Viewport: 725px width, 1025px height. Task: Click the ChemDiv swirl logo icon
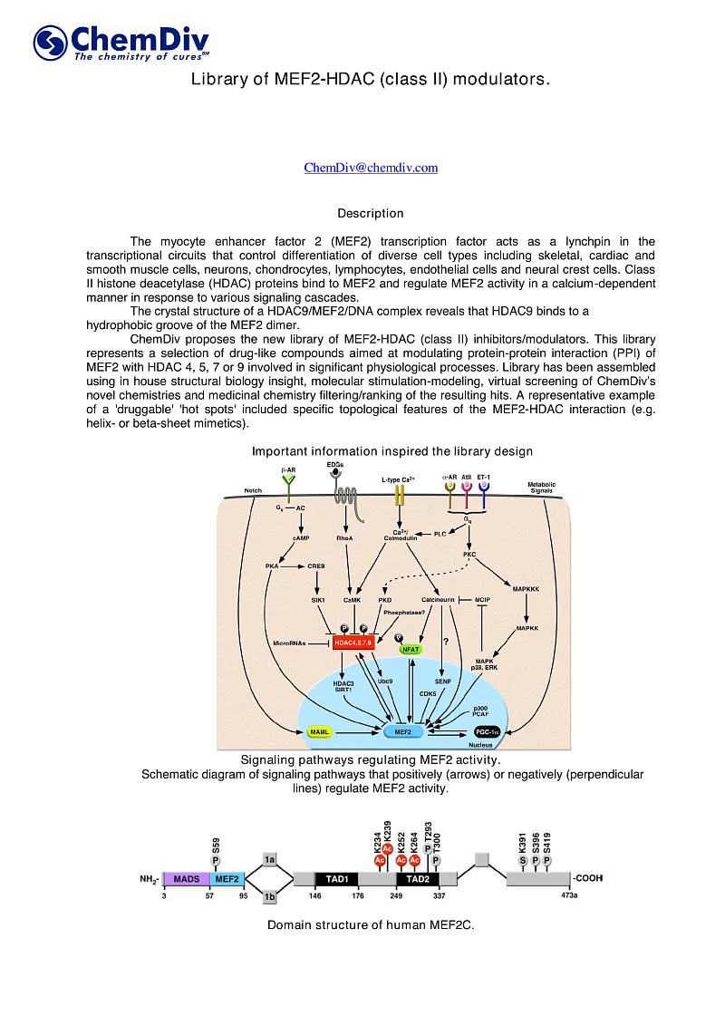click(x=51, y=43)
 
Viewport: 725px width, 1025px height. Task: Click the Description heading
click(x=371, y=214)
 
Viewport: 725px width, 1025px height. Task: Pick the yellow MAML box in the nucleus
click(x=319, y=730)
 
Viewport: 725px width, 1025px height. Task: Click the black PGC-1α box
click(x=490, y=730)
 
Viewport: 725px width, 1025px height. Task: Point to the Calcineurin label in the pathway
click(x=439, y=600)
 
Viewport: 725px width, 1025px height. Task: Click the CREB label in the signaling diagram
click(x=316, y=566)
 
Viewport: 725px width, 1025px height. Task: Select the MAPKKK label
click(x=526, y=589)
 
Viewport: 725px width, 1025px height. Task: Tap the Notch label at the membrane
click(x=254, y=490)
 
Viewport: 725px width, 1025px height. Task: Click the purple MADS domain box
click(x=186, y=878)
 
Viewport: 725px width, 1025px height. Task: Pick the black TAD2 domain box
click(x=418, y=878)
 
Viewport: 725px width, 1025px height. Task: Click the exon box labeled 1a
click(x=269, y=858)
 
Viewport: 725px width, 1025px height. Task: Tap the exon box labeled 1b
click(x=269, y=897)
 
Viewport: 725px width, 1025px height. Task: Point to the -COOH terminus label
click(x=587, y=878)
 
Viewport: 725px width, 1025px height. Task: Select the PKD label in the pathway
click(x=384, y=600)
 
